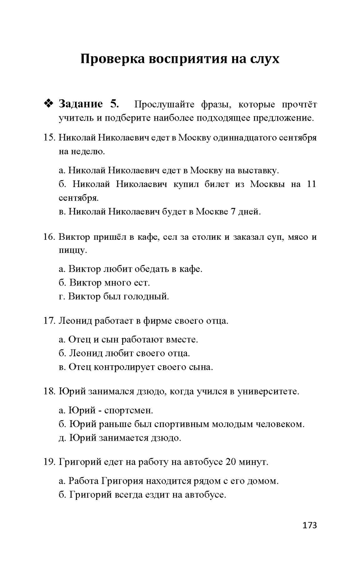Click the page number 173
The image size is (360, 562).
click(309, 525)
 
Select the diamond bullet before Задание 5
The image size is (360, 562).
click(49, 104)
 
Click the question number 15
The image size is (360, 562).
click(49, 138)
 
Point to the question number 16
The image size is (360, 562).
click(49, 237)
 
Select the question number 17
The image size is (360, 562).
click(49, 321)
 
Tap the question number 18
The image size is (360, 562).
click(49, 392)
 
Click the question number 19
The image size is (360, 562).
click(49, 462)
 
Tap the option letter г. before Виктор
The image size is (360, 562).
click(62, 297)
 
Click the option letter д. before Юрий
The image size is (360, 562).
click(62, 438)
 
